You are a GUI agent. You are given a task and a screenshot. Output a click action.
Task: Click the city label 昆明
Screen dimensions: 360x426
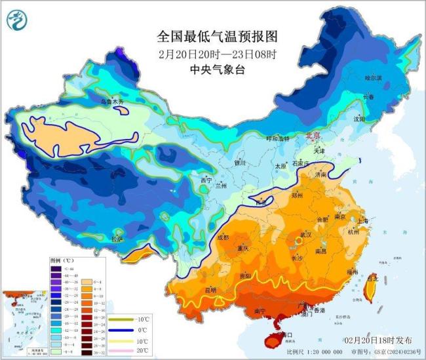click(210, 289)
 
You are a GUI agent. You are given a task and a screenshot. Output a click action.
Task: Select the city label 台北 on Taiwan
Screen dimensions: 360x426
click(373, 278)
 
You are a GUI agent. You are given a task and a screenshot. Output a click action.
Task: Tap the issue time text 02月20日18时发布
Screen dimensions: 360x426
click(379, 341)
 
